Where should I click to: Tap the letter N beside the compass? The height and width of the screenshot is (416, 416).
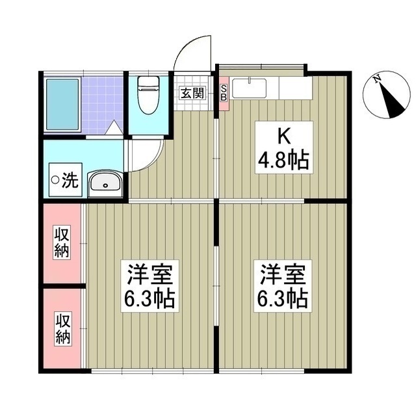point(377,79)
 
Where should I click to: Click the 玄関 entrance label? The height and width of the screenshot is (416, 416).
point(192,92)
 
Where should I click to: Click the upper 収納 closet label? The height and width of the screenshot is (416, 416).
point(62,242)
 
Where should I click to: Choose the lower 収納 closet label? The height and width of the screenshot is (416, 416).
point(62,329)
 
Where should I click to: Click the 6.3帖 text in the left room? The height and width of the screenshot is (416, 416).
point(149,299)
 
